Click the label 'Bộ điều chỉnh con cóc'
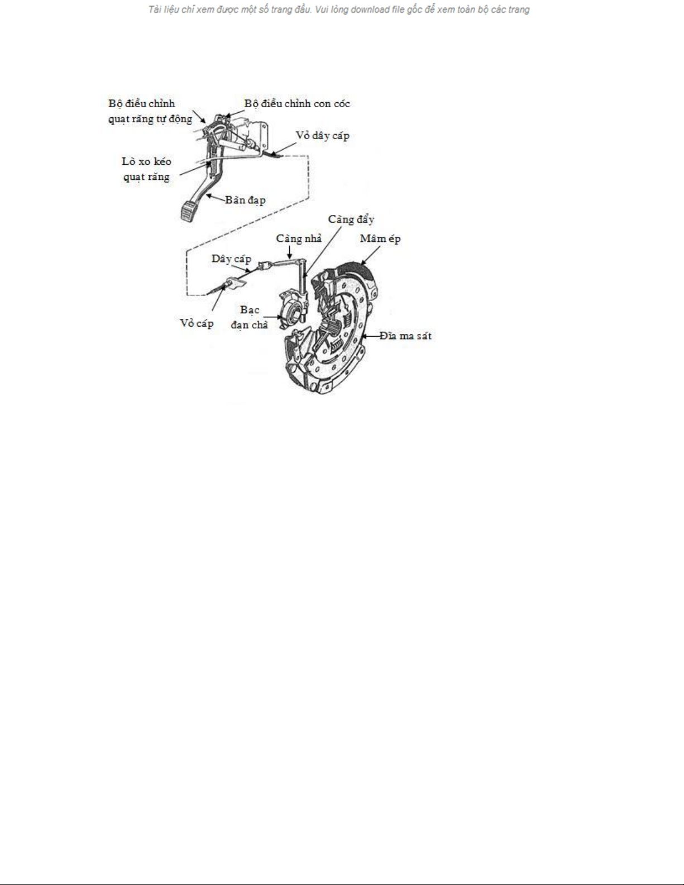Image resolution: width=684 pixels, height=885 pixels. pos(297,104)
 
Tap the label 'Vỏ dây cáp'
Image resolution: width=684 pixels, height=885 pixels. pos(322,136)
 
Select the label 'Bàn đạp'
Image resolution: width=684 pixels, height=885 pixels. pos(245,200)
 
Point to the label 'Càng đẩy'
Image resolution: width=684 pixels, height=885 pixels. pos(351,219)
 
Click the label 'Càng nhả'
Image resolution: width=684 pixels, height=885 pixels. pos(299,238)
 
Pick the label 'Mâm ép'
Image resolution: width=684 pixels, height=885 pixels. pos(380,238)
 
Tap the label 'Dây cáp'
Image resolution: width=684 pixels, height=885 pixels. pos(231,259)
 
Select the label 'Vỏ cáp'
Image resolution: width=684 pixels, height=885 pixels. pos(197,323)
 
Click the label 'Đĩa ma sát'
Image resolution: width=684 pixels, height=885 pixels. pos(405,336)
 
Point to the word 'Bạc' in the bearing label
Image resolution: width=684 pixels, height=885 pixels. pos(250,310)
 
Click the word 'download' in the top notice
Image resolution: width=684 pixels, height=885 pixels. pos(370,9)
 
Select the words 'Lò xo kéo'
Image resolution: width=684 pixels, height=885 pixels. pos(146,161)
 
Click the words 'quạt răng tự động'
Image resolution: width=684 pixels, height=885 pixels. pos(150,119)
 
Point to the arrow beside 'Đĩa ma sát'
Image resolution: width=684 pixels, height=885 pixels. pos(370,336)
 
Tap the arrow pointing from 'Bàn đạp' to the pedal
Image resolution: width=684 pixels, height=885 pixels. pos(216,198)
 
